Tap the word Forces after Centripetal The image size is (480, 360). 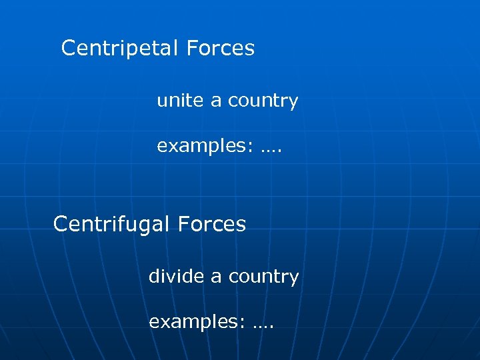click(x=221, y=48)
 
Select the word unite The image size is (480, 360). click(x=180, y=101)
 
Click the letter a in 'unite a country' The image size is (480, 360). click(x=216, y=101)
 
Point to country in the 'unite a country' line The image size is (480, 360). click(x=263, y=101)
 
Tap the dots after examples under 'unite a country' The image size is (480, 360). click(x=271, y=149)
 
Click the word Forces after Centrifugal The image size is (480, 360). click(x=213, y=224)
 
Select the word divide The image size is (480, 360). click(x=176, y=276)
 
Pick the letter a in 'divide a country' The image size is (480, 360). click(x=216, y=277)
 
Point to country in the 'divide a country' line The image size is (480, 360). click(x=263, y=277)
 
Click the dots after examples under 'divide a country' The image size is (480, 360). click(x=263, y=326)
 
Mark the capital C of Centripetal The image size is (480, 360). click(x=68, y=48)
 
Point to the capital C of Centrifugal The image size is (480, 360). click(x=60, y=224)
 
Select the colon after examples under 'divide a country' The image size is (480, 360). click(x=243, y=323)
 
